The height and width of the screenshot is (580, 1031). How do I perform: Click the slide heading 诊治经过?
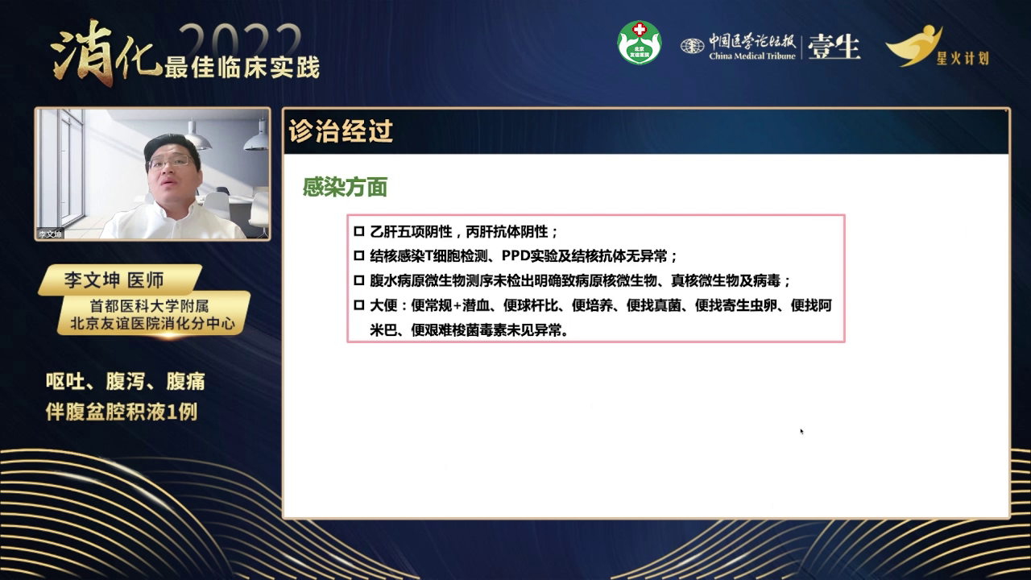(x=341, y=132)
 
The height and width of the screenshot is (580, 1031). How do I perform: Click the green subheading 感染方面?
(x=345, y=188)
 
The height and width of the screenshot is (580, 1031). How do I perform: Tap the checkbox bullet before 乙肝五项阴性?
(x=359, y=232)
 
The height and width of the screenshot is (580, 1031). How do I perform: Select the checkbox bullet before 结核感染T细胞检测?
(x=359, y=256)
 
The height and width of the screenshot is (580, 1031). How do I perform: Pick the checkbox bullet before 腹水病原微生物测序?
(x=359, y=281)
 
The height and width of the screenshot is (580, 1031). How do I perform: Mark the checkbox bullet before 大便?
(x=359, y=306)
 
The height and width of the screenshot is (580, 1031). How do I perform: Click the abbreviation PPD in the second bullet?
(x=515, y=256)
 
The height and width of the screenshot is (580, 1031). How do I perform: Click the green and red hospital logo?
(x=639, y=43)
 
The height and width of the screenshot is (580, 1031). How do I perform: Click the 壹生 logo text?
(x=834, y=47)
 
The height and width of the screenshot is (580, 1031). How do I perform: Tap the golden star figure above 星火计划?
(x=915, y=44)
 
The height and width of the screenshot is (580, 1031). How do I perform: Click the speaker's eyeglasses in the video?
(x=171, y=162)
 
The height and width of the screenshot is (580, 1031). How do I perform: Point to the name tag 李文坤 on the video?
(x=50, y=234)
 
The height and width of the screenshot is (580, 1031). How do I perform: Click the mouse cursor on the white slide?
(x=801, y=431)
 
